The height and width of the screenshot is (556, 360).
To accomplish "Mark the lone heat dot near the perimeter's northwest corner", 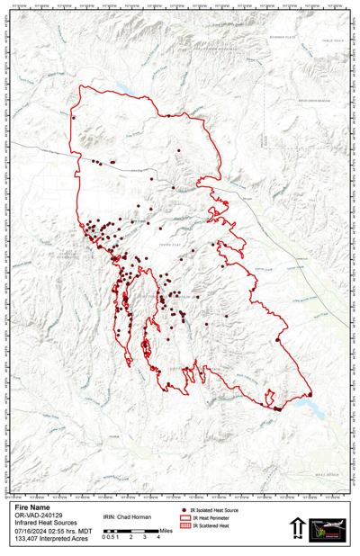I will point(75,118).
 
